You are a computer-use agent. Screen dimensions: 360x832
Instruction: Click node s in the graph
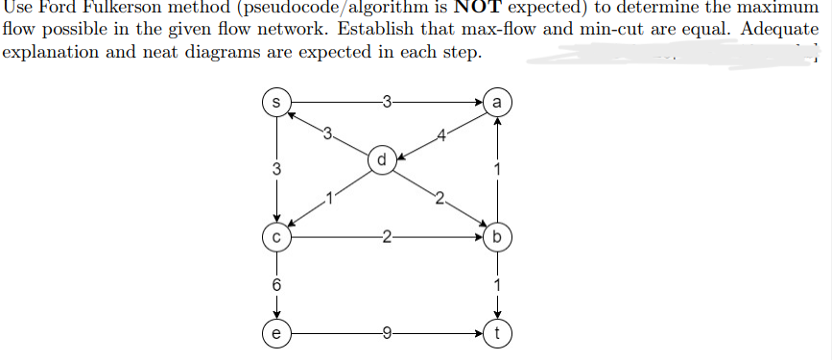pos(275,101)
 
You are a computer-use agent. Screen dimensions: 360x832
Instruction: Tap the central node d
pos(382,160)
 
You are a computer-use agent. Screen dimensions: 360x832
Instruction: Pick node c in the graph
pos(275,235)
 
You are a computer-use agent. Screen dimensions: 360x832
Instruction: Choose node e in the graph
pos(275,335)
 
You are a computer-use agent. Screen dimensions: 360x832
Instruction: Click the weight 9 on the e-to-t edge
pos(386,335)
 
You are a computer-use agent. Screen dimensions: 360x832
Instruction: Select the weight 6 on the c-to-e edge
pos(275,286)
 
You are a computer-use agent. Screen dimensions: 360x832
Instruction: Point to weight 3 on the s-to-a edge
pos(386,101)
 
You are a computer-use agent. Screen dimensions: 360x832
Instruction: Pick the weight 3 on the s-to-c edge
pos(275,169)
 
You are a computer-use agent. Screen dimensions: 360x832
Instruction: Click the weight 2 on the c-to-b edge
pos(386,235)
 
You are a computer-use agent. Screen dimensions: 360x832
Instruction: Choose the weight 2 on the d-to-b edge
pos(439,199)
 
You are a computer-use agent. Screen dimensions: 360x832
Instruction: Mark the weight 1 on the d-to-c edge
pos(327,199)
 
